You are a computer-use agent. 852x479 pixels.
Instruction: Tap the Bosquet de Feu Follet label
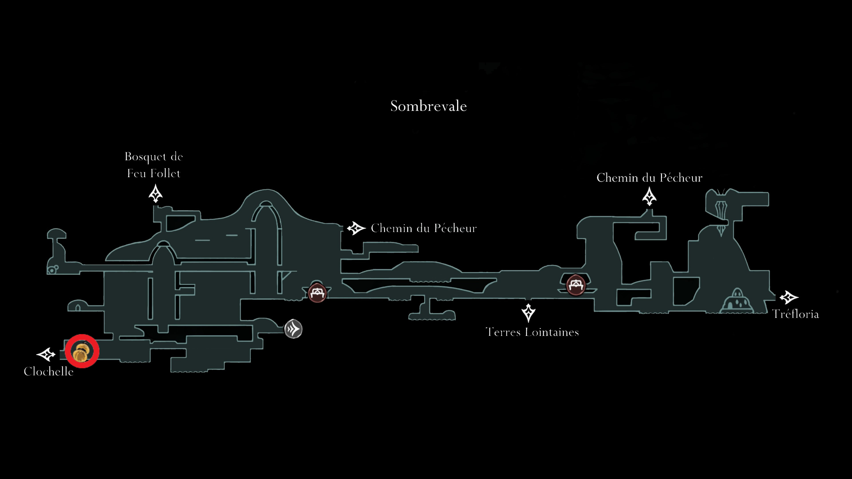[154, 165]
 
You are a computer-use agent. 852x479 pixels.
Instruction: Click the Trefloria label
[795, 314]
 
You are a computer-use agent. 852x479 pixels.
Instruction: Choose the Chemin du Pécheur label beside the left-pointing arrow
[424, 228]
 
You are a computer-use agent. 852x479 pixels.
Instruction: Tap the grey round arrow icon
[293, 329]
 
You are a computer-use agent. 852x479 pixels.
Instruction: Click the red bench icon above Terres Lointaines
[576, 285]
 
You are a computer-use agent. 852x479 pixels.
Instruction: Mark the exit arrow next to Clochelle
[46, 354]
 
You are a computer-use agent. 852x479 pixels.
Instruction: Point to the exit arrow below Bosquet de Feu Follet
[156, 194]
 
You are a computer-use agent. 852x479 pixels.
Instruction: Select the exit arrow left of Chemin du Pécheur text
[356, 228]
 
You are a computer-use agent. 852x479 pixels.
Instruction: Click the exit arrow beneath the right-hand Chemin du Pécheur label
[649, 196]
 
